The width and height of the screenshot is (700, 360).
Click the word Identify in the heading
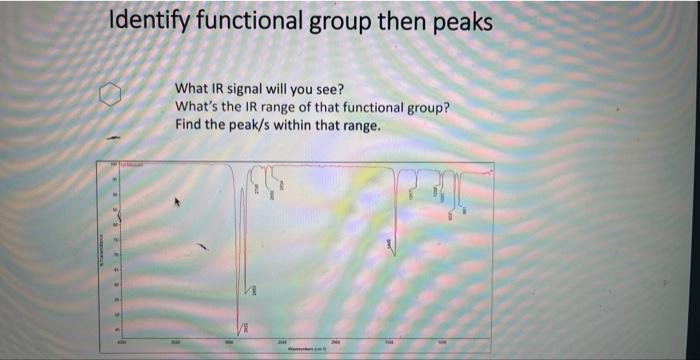pyautogui.click(x=149, y=21)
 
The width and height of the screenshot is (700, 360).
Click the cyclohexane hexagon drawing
pyautogui.click(x=112, y=95)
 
